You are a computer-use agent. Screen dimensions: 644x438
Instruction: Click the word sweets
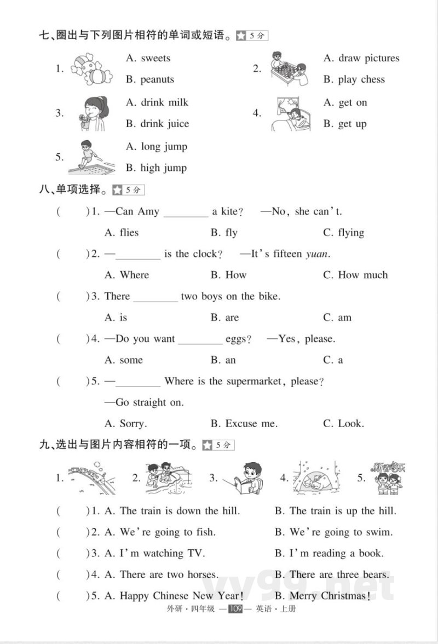[155, 58]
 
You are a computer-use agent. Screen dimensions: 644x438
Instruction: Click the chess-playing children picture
[289, 68]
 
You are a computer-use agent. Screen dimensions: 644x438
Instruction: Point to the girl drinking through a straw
[91, 113]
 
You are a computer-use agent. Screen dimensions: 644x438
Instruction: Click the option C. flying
[343, 233]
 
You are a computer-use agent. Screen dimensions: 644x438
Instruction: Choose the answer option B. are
[225, 318]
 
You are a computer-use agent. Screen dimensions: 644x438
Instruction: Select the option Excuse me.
[244, 423]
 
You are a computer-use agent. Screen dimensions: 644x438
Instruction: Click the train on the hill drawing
[92, 478]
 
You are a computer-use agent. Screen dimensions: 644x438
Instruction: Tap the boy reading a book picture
[244, 478]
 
